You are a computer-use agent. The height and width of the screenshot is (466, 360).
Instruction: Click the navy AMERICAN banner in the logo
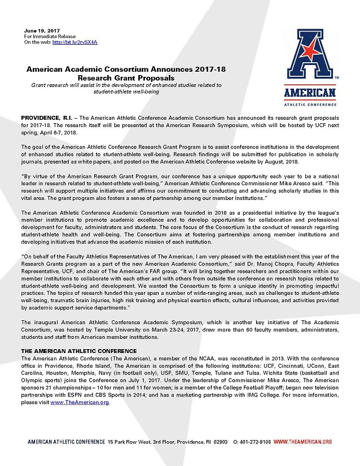309,92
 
